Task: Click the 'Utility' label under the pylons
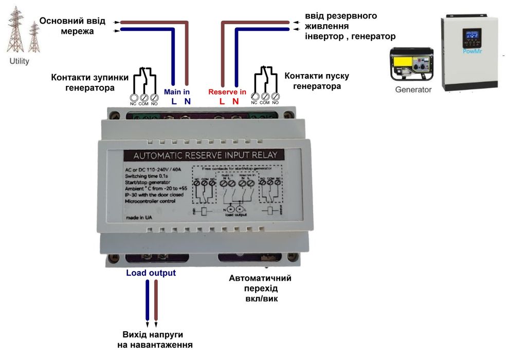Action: click(x=20, y=61)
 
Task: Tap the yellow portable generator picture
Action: click(x=411, y=65)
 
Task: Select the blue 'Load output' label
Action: click(x=151, y=273)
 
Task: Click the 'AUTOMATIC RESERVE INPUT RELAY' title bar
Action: click(x=205, y=155)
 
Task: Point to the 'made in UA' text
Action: click(x=139, y=218)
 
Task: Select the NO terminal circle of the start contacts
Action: click(x=276, y=96)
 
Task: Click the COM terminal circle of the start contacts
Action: click(x=265, y=96)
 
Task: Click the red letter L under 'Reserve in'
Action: click(x=222, y=101)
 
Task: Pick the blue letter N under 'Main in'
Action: click(x=187, y=101)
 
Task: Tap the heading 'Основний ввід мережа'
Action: click(x=72, y=26)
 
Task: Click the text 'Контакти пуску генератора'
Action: click(x=317, y=81)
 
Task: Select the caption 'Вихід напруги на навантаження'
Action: click(x=155, y=339)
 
